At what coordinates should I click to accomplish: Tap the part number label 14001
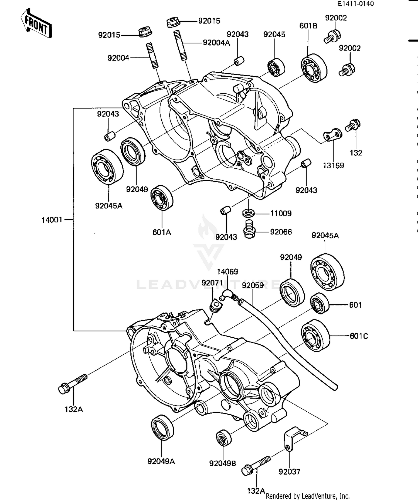click(52, 220)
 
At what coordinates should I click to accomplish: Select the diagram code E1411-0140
click(356, 4)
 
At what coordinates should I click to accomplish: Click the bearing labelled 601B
click(314, 68)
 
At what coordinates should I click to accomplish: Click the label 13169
click(333, 166)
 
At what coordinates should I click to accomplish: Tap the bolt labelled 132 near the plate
click(353, 125)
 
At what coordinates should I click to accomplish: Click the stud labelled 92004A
click(180, 45)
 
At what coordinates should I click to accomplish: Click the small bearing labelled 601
click(320, 303)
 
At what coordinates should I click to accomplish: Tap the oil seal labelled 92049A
click(162, 428)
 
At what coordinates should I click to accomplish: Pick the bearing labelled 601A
click(161, 198)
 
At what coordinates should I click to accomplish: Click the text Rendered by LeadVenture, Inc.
click(308, 496)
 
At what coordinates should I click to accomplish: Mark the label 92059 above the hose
click(253, 285)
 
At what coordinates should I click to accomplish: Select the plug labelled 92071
click(216, 305)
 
